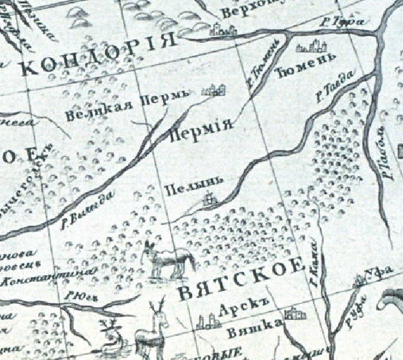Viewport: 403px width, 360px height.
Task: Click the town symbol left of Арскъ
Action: click(205, 320)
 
